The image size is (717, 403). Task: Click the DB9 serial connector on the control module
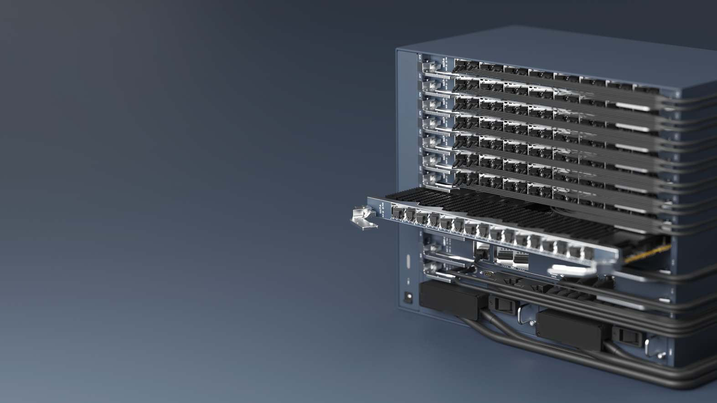(x=488, y=274)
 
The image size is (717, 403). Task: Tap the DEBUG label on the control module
(x=554, y=276)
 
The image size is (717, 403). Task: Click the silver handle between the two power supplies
(x=524, y=315)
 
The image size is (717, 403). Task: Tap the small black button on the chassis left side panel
(x=409, y=297)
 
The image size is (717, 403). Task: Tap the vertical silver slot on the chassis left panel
(x=408, y=262)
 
